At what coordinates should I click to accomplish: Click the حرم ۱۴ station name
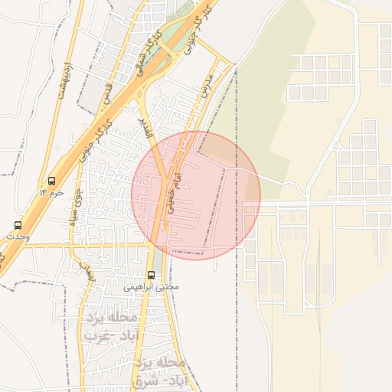51,194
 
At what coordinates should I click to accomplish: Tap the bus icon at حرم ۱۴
51,181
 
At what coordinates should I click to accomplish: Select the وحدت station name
18,237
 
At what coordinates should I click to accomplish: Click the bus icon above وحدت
18,225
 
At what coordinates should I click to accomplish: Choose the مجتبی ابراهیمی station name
151,286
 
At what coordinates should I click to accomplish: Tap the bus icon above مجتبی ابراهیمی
151,274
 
